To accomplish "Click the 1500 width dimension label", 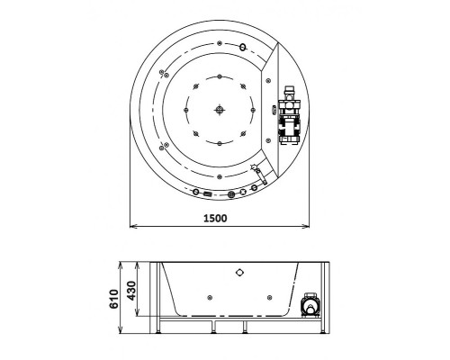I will coord(215,218).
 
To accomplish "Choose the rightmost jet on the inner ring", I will coord(256,110).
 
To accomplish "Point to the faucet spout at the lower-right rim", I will coord(256,172).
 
